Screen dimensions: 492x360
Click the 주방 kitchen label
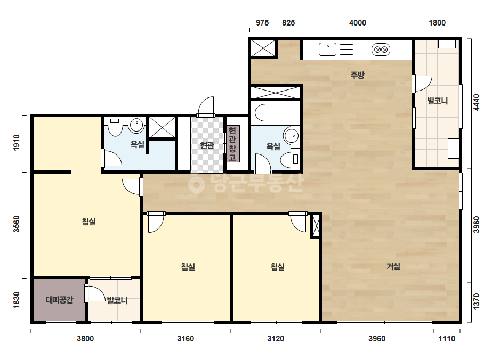[357, 75]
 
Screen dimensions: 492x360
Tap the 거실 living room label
[393, 266]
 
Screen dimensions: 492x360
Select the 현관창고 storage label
[232, 144]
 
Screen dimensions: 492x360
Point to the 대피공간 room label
[60, 300]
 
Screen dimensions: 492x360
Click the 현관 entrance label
[207, 145]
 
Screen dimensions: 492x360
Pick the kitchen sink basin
[327, 49]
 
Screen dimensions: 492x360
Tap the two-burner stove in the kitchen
[381, 50]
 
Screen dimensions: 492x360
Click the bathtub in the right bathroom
[275, 112]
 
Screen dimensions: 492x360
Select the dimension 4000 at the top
[358, 23]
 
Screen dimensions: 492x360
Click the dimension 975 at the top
[262, 23]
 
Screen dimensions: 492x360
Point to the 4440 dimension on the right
[477, 102]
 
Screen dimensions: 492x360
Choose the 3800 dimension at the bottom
[85, 339]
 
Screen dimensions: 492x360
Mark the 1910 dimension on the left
[17, 142]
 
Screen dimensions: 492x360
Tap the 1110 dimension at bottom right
[447, 339]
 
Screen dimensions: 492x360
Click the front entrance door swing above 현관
[206, 107]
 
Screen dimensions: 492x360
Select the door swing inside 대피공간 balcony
[95, 294]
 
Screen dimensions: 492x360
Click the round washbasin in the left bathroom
[136, 125]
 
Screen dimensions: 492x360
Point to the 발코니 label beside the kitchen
[438, 101]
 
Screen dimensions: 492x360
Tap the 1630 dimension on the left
[17, 300]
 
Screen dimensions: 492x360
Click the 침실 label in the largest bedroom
[89, 222]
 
